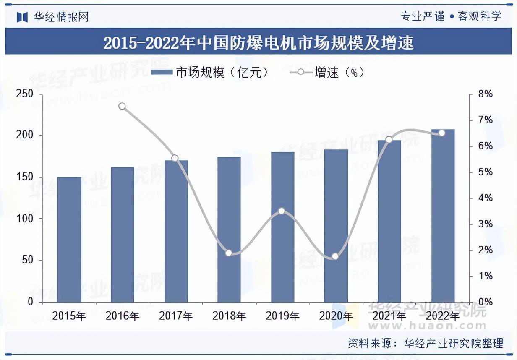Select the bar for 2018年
coord(229,230)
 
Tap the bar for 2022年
coord(443,216)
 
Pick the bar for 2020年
coord(336,226)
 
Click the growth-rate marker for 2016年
coord(122,106)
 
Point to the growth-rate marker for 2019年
coord(282,211)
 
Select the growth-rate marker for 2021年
coord(389,139)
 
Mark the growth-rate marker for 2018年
coord(229,253)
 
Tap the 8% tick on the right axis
coord(486,94)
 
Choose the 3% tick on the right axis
coord(486,224)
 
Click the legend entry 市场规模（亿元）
coord(210,73)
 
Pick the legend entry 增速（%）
coord(327,73)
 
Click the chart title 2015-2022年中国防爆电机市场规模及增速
coord(258,43)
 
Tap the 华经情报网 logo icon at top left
coord(22,17)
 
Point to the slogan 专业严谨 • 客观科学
coord(451,16)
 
